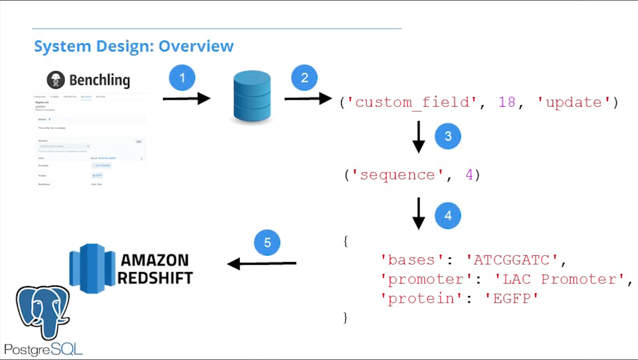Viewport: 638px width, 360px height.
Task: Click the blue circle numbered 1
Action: click(182, 78)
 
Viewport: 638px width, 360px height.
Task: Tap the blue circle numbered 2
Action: click(304, 78)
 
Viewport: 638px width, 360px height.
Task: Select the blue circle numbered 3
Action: click(448, 136)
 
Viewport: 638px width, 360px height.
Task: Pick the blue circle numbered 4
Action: click(448, 216)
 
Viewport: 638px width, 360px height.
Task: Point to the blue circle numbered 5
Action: click(267, 243)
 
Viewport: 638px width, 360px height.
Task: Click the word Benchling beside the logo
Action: click(100, 80)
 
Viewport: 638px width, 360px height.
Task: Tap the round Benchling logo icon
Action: click(56, 80)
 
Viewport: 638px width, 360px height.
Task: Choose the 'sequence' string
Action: click(397, 175)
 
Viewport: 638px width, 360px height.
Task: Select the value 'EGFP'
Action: click(515, 299)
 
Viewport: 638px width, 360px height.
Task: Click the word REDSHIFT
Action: click(155, 278)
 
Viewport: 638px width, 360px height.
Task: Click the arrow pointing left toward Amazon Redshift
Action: click(262, 264)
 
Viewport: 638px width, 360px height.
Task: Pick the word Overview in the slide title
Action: click(196, 46)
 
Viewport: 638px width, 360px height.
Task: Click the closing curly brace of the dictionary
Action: click(346, 318)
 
